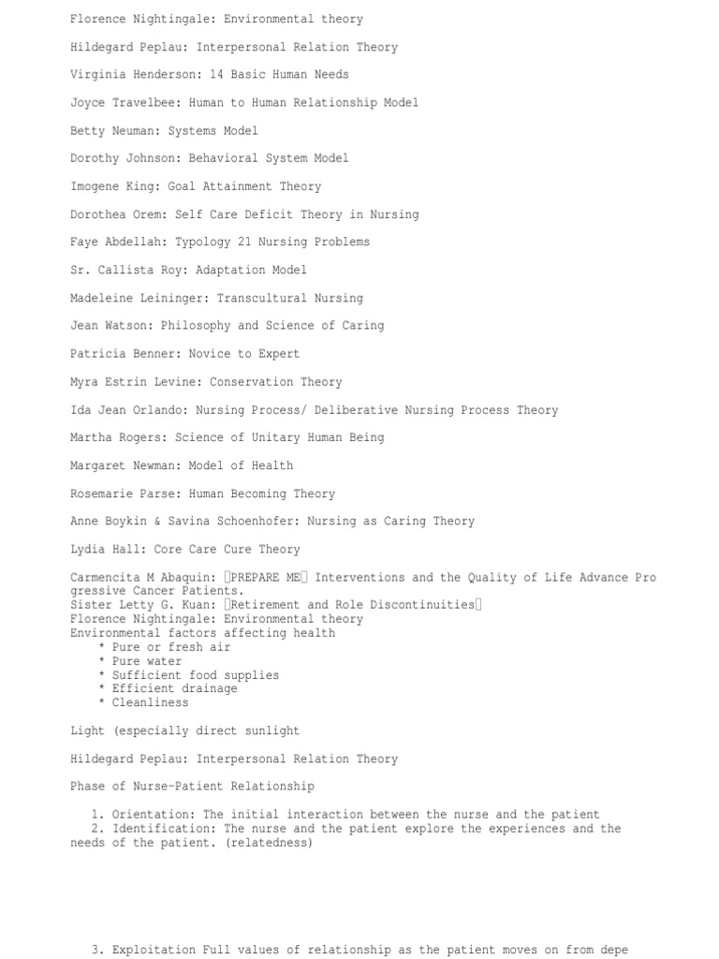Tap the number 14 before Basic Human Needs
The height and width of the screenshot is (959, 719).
click(x=217, y=75)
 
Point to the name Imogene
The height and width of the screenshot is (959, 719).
click(x=95, y=186)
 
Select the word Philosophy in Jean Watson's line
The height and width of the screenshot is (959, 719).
click(x=196, y=326)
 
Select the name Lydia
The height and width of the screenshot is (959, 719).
click(x=88, y=550)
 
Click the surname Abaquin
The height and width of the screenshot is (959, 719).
click(x=185, y=578)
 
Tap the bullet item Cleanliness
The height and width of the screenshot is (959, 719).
click(x=150, y=702)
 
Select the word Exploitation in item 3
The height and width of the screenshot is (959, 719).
click(x=154, y=950)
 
